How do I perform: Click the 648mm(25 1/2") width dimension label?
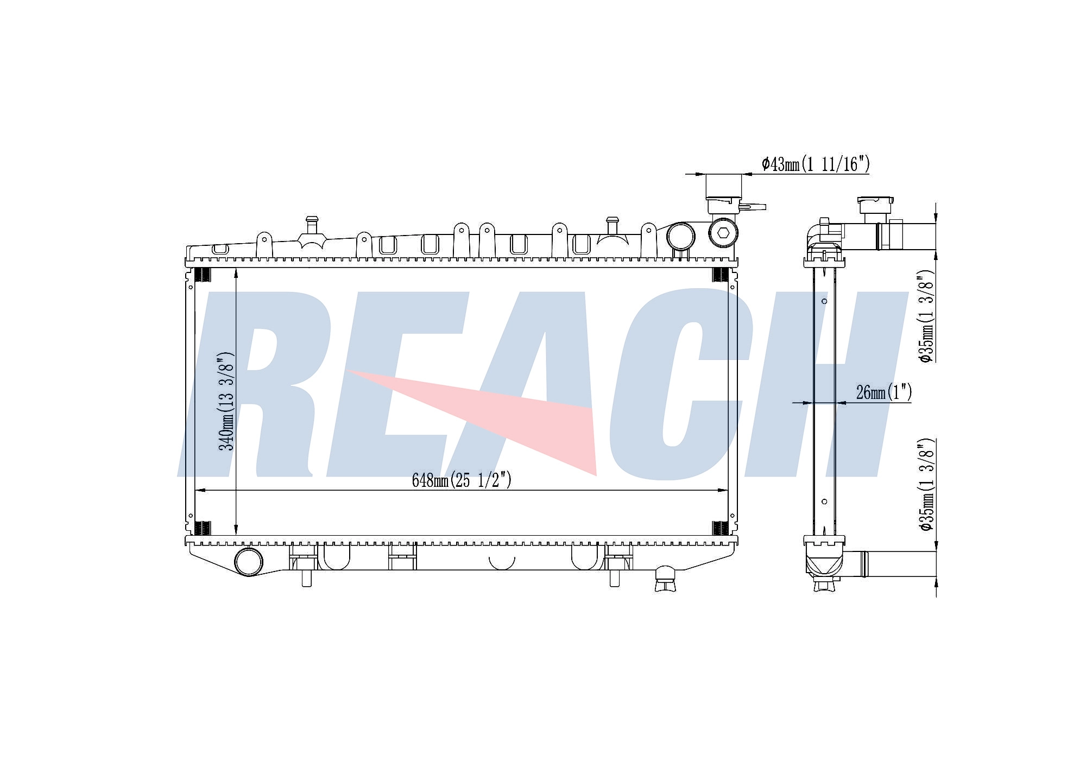tap(462, 480)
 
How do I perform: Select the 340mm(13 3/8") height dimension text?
tap(226, 401)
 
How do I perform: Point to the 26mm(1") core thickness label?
tap(883, 392)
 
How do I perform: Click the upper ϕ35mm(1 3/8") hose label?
tap(925, 316)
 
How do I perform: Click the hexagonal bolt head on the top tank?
tap(723, 233)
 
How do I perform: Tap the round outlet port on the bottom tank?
tap(248, 562)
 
